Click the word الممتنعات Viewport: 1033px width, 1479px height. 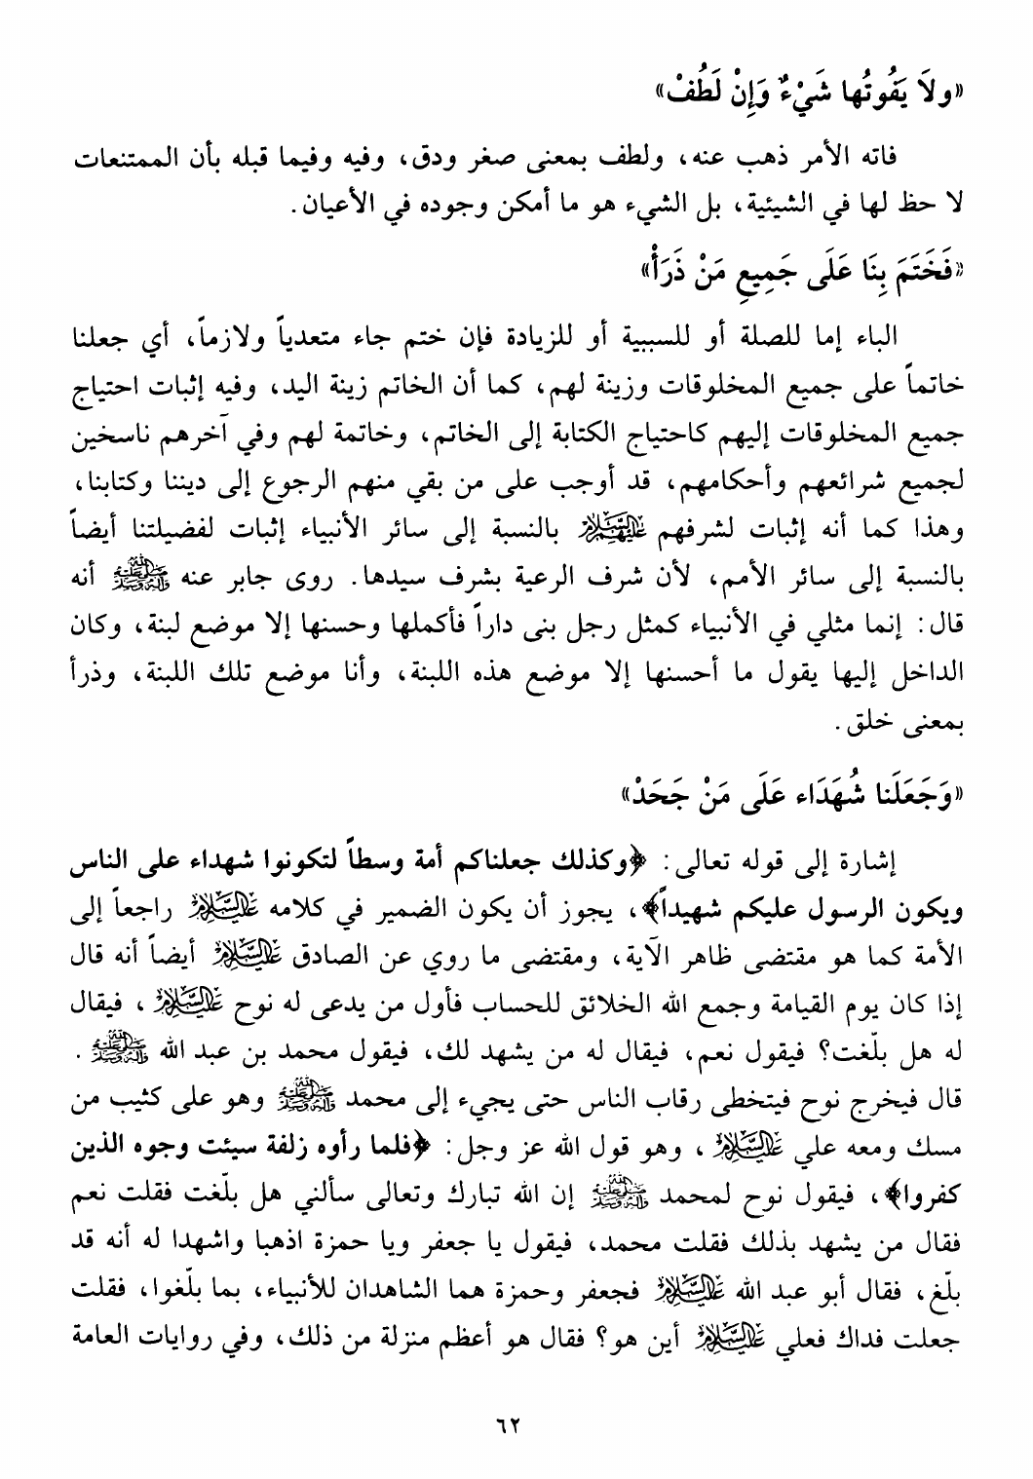[x=950, y=157]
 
